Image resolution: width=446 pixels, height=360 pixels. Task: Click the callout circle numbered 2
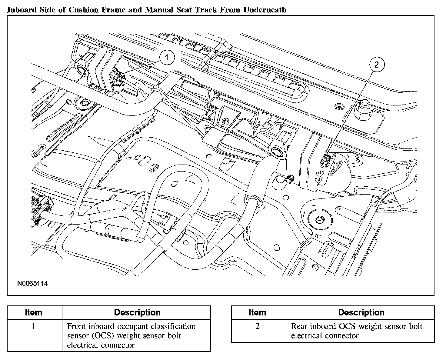[376, 65]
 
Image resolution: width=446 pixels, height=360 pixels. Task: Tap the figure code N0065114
[32, 284]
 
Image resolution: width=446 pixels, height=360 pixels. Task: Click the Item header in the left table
[33, 312]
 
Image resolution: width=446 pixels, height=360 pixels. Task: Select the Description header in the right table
[361, 312]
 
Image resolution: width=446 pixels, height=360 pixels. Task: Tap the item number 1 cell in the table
[33, 327]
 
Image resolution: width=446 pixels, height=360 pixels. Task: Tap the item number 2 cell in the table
[258, 327]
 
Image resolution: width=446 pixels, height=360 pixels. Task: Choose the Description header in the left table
[137, 312]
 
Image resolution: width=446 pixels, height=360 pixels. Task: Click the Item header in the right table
[258, 312]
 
